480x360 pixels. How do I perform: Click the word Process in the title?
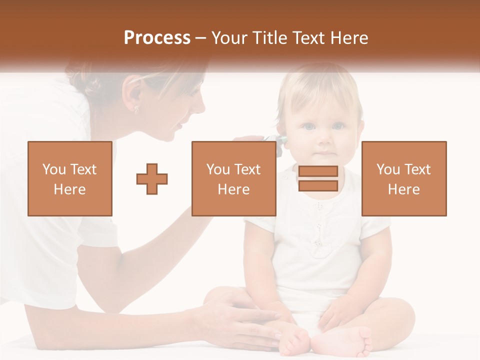pyautogui.click(x=157, y=38)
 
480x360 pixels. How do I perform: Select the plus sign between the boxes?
pyautogui.click(x=152, y=179)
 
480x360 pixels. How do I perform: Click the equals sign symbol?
pyautogui.click(x=318, y=178)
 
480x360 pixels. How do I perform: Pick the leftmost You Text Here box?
pyautogui.click(x=70, y=179)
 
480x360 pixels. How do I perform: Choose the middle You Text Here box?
pyautogui.click(x=234, y=179)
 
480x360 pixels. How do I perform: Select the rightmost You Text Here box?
pyautogui.click(x=404, y=179)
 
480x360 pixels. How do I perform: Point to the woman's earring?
pyautogui.click(x=136, y=108)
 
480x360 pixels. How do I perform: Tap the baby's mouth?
pyautogui.click(x=324, y=151)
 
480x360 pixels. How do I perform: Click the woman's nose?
pyautogui.click(x=201, y=105)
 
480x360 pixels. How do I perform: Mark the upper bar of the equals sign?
pyautogui.click(x=318, y=171)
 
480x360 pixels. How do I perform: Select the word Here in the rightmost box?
pyautogui.click(x=404, y=189)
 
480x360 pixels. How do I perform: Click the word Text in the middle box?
pyautogui.click(x=247, y=169)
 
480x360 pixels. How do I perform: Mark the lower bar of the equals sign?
pyautogui.click(x=318, y=185)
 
